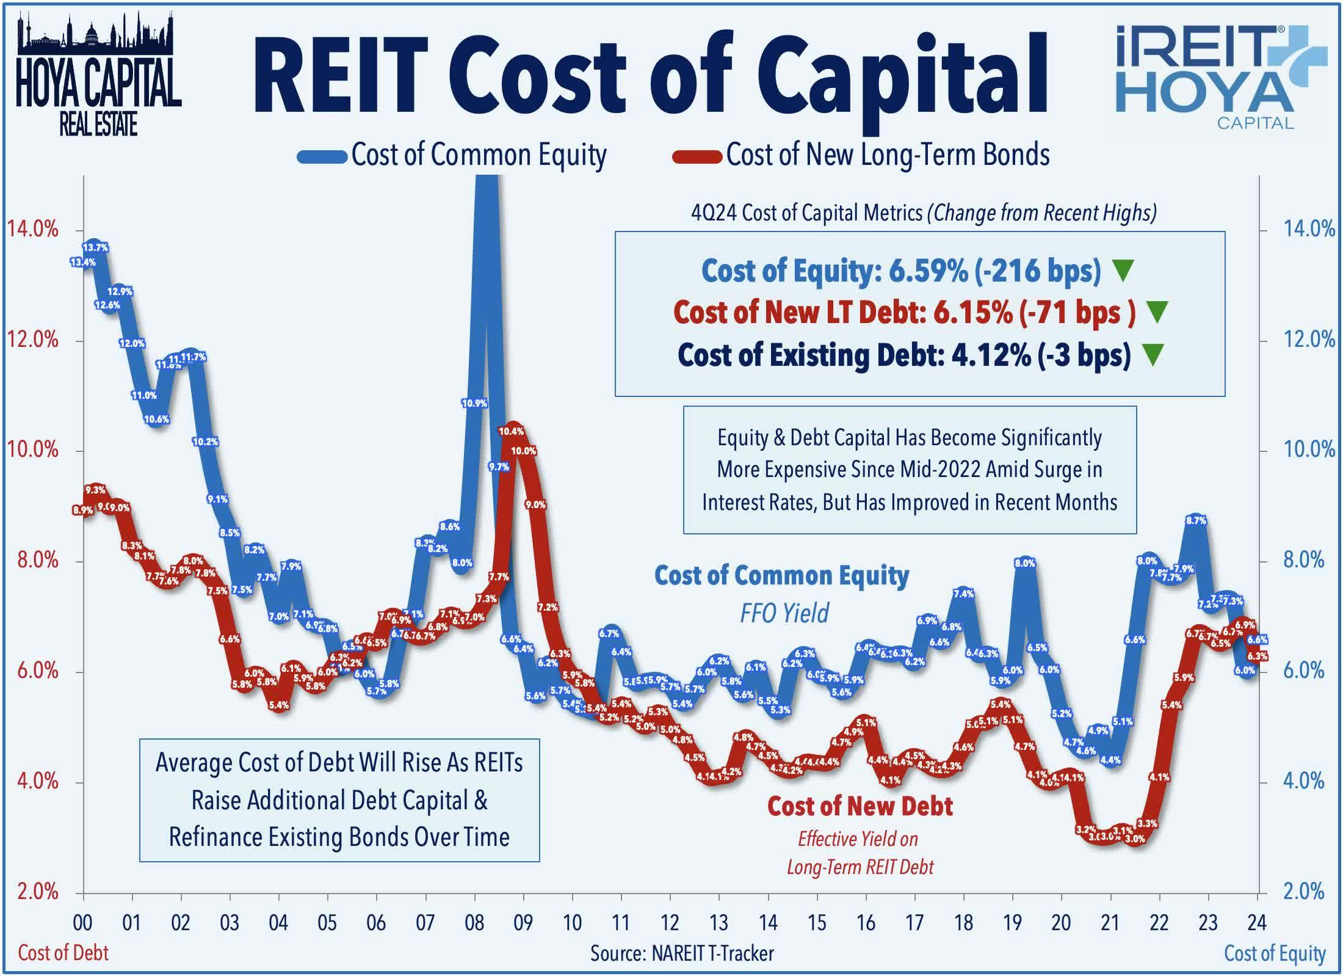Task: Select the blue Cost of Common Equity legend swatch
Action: coord(322,156)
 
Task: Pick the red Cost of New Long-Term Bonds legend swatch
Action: coord(697,156)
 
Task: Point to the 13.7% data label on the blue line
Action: coord(95,247)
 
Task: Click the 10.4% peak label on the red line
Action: coord(511,431)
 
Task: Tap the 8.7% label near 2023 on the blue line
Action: coord(1196,520)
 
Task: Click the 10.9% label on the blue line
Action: coord(474,403)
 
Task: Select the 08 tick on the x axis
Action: coord(474,922)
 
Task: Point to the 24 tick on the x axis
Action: coord(1257,922)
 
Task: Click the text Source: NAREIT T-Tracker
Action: coord(682,953)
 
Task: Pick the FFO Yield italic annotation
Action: coord(784,613)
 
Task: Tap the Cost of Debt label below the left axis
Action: coord(63,953)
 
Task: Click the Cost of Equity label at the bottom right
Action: coord(1275,953)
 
